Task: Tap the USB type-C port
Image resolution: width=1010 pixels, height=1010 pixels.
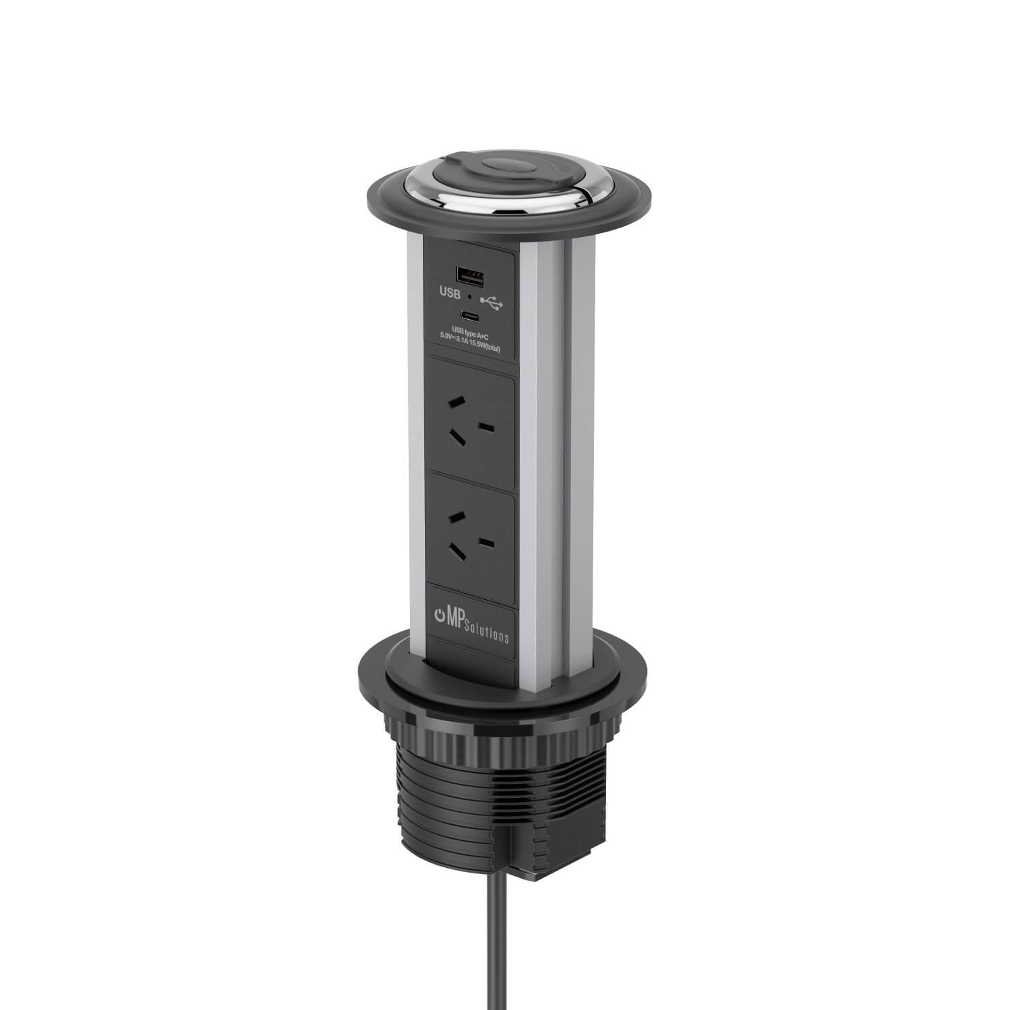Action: [x=469, y=315]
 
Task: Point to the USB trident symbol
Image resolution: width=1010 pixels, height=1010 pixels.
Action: [x=492, y=303]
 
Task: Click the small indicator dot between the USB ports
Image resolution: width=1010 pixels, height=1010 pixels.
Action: [x=469, y=296]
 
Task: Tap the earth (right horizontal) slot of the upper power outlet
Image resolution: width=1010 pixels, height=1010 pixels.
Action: [x=487, y=428]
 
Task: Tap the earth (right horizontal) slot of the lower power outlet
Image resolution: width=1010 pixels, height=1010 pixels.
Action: [x=487, y=542]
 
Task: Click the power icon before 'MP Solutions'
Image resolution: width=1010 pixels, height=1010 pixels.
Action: [x=441, y=615]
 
